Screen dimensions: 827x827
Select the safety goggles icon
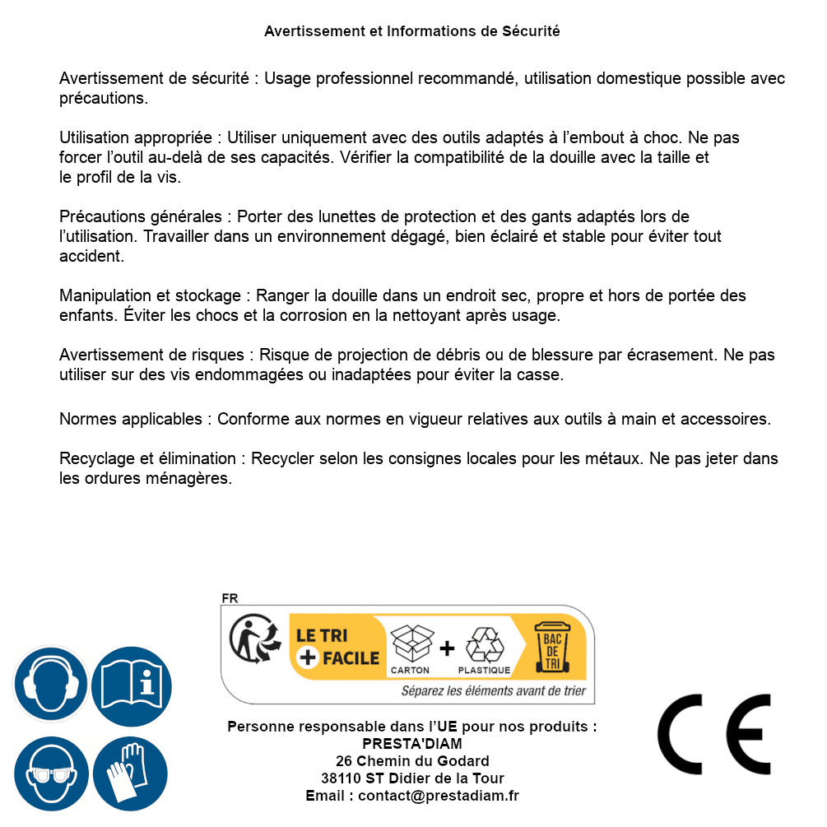tap(51, 774)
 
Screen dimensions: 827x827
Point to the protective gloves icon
tap(131, 774)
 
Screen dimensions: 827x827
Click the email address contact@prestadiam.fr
tap(439, 796)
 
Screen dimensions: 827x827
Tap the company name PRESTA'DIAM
tap(412, 744)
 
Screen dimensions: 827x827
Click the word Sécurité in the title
tap(531, 31)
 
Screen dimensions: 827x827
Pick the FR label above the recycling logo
tap(230, 598)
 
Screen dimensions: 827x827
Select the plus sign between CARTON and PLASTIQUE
tap(447, 648)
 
